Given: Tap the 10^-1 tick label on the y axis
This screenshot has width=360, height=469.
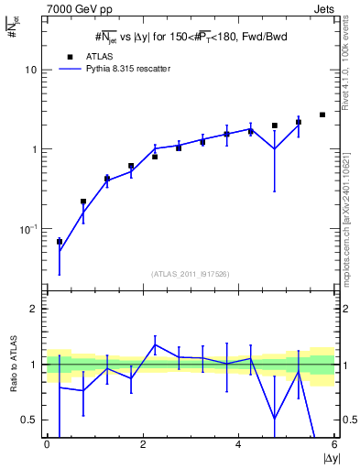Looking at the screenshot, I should (x=27, y=228).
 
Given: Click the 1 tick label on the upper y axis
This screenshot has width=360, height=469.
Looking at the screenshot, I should (x=35, y=149).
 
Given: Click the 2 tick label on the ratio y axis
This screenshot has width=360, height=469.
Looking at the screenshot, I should (x=34, y=309).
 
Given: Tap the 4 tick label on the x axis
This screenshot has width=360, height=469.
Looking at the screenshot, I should (x=238, y=445).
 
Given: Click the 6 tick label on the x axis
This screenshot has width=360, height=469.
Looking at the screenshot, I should (x=333, y=445).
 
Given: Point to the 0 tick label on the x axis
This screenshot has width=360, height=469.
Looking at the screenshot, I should (x=47, y=445).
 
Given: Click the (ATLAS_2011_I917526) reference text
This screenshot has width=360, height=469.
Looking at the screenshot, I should (x=191, y=273).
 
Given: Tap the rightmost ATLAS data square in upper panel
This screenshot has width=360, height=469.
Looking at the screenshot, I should (x=322, y=115).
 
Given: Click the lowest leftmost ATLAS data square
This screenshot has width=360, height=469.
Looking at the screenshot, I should (x=60, y=242).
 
